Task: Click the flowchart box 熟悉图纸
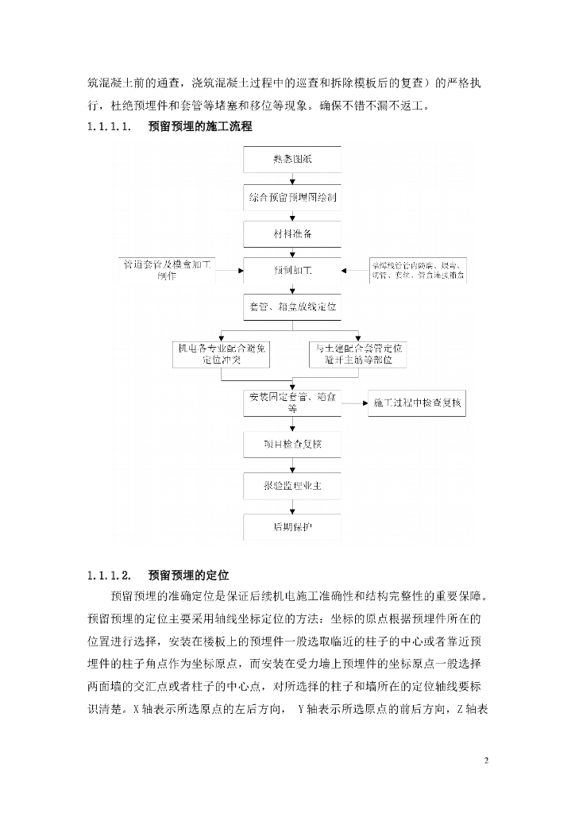[x=291, y=159]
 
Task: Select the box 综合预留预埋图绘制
[x=291, y=197]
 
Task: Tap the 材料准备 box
[x=291, y=234]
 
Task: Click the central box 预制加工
[x=291, y=272]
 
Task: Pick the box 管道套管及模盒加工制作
[x=167, y=271]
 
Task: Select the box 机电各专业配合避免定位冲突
[x=222, y=354]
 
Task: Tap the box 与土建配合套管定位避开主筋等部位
[x=357, y=354]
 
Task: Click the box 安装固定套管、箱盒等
[x=291, y=403]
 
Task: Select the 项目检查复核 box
[x=291, y=445]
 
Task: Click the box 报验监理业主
[x=291, y=485]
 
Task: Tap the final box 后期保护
[x=291, y=526]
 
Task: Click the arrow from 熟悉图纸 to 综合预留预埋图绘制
[x=291, y=178]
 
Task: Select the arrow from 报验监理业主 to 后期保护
[x=291, y=506]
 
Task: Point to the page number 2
[x=486, y=761]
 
